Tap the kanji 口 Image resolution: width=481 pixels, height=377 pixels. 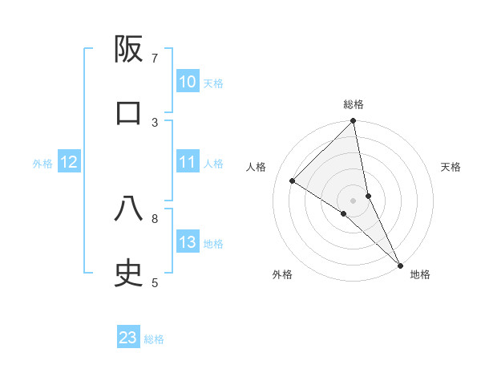128,113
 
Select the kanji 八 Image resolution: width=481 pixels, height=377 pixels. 128,209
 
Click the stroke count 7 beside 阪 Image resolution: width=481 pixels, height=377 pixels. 155,58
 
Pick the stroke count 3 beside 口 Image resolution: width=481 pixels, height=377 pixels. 155,122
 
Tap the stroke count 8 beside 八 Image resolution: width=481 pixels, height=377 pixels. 155,217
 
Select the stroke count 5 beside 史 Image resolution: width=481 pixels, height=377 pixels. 155,282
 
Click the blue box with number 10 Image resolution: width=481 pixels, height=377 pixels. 187,82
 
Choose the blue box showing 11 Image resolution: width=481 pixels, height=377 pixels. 187,162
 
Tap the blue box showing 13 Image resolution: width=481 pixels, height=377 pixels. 187,242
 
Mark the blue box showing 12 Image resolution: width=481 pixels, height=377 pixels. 69,162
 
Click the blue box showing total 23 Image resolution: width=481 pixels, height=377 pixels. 128,338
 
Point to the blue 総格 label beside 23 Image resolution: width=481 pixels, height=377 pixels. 154,339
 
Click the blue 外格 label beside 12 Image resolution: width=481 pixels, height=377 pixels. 42,164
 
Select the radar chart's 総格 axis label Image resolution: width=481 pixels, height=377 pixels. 354,104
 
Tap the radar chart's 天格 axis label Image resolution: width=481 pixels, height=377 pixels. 451,167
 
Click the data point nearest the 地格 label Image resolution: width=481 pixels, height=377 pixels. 400,265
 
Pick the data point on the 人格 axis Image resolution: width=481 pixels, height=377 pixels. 293,180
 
